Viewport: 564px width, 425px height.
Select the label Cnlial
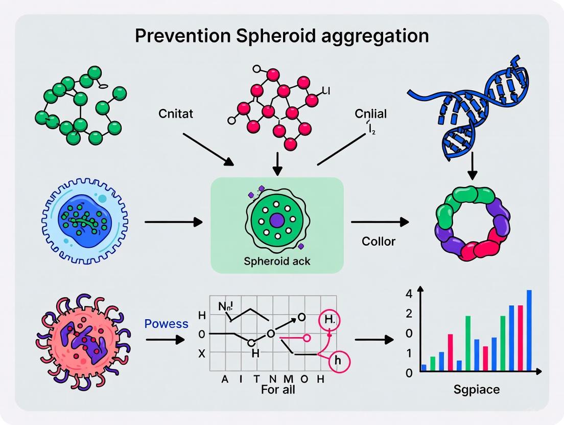coord(370,114)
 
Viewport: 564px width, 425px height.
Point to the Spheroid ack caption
coord(277,261)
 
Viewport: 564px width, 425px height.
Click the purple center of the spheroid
coord(277,221)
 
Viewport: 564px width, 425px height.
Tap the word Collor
coord(379,241)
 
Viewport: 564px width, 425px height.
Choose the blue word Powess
coord(167,324)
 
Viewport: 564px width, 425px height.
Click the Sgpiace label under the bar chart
coord(477,390)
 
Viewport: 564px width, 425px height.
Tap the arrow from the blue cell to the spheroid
coord(173,222)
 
